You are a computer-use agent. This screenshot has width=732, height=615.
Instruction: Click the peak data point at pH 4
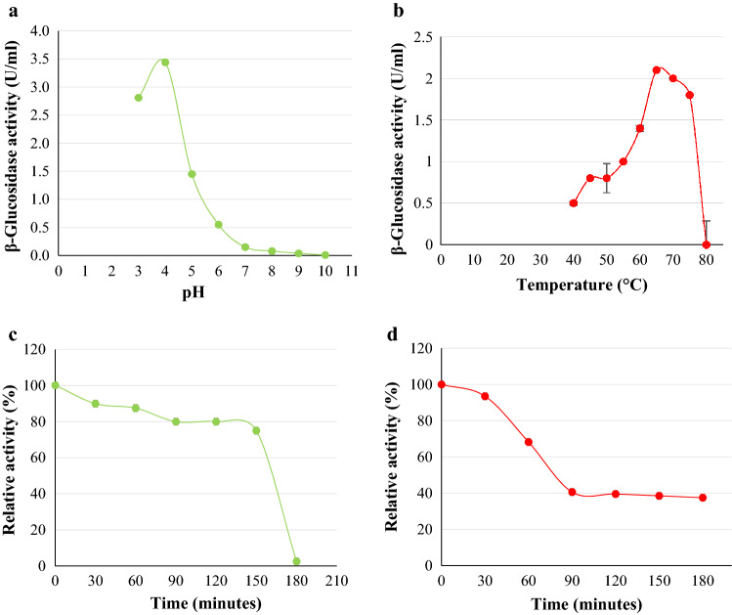(165, 63)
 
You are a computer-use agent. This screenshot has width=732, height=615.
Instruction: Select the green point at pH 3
(139, 98)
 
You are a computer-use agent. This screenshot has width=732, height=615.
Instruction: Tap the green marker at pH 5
(192, 174)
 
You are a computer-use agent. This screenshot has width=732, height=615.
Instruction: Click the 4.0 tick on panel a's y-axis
(39, 31)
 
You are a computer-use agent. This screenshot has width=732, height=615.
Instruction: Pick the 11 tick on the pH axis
(351, 271)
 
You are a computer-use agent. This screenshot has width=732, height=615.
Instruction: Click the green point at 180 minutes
(296, 561)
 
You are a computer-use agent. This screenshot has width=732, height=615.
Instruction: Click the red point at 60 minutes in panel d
(529, 442)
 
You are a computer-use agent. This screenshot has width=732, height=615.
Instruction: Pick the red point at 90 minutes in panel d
(572, 492)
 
